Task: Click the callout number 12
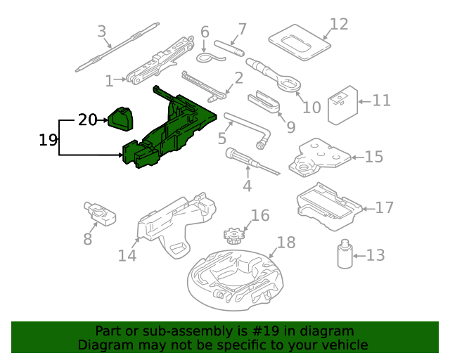339,24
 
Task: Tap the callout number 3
102,32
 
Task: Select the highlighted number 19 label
48,140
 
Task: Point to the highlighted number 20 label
87,120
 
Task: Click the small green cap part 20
120,118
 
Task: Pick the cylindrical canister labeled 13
345,255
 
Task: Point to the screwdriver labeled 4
245,160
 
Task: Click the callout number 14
127,255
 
